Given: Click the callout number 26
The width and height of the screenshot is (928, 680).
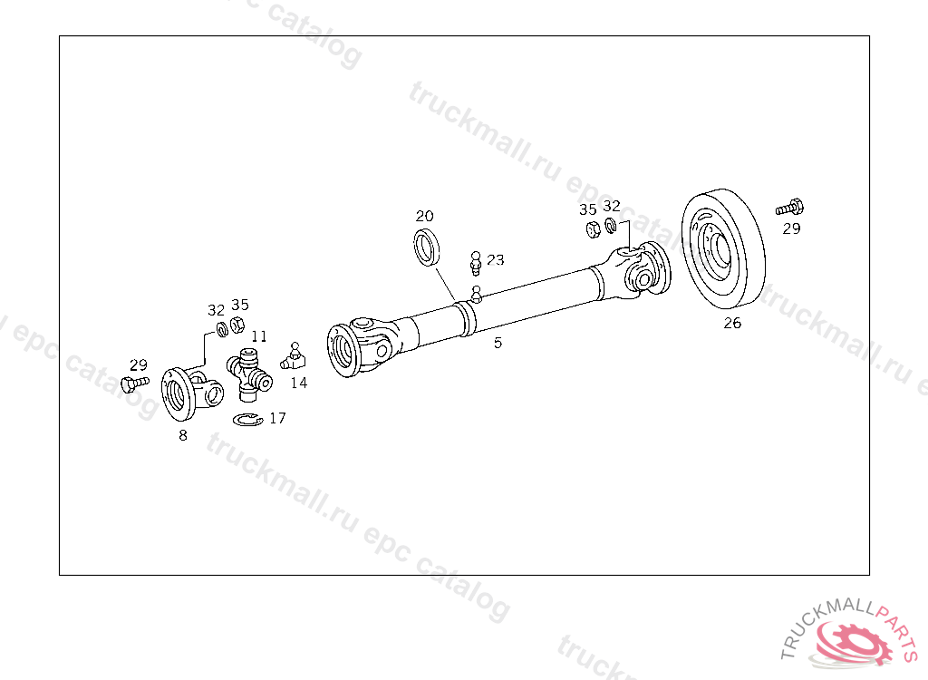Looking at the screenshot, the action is pyautogui.click(x=732, y=323).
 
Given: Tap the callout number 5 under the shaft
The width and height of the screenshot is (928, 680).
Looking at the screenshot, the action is pyautogui.click(x=498, y=343).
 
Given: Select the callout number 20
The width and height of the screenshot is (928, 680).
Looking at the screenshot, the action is pyautogui.click(x=424, y=216).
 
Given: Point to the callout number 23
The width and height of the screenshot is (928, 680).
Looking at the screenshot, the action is pyautogui.click(x=496, y=259).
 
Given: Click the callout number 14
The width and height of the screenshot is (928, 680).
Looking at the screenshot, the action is pyautogui.click(x=299, y=383).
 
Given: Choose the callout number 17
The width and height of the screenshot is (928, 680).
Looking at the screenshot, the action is pyautogui.click(x=277, y=418).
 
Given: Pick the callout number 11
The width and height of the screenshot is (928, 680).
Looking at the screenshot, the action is pyautogui.click(x=259, y=336).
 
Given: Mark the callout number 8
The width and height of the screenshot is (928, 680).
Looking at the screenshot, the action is pyautogui.click(x=183, y=435).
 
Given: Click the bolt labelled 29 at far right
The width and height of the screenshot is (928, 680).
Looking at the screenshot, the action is pyautogui.click(x=789, y=208).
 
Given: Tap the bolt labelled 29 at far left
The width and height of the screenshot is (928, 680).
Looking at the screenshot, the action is pyautogui.click(x=135, y=384).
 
